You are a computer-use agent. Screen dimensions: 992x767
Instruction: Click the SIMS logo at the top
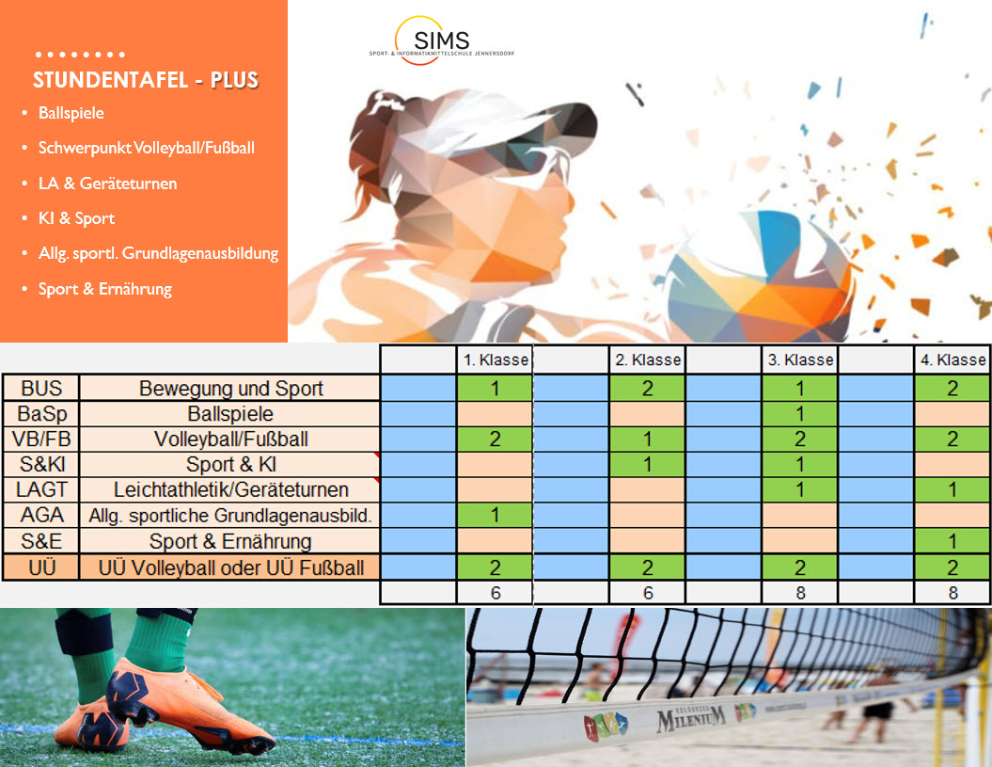[442, 40]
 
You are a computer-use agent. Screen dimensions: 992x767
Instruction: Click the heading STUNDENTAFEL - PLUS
[146, 80]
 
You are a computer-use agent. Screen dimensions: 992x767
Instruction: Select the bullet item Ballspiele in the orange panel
[71, 113]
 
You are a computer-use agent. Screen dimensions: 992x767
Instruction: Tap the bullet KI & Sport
[76, 218]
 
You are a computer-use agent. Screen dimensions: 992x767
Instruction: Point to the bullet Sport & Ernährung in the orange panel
[105, 289]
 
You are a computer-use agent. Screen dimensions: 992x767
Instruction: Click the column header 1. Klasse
[496, 360]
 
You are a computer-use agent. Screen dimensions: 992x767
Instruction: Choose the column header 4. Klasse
[953, 360]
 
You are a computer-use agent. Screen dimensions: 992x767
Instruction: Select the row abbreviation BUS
[41, 388]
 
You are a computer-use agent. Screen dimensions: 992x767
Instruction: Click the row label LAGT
[41, 489]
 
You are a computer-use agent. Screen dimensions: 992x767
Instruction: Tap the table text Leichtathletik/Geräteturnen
[231, 489]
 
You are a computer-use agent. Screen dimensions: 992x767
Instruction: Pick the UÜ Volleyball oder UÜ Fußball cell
[231, 567]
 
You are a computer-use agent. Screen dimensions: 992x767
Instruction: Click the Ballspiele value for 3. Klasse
[799, 413]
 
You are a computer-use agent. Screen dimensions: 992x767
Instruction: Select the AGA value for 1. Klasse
[495, 516]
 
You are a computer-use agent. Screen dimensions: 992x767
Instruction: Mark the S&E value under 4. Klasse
[953, 541]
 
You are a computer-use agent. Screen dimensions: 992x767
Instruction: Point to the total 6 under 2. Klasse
[647, 593]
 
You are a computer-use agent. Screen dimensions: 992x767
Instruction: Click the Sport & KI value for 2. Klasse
[647, 464]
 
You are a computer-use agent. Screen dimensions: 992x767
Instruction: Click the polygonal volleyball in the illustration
[759, 278]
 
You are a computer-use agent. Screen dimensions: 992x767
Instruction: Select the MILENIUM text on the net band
[691, 718]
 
